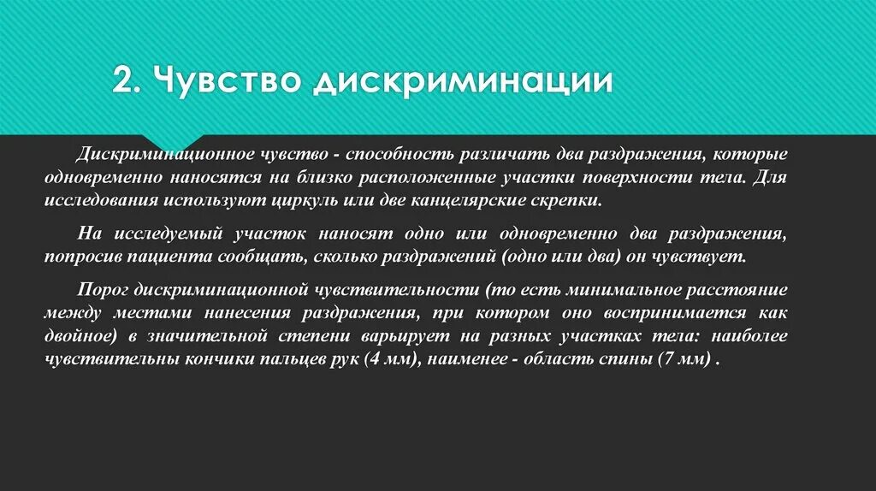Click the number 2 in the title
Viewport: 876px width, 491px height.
[x=123, y=82]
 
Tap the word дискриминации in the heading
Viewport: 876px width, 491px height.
[x=462, y=82]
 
